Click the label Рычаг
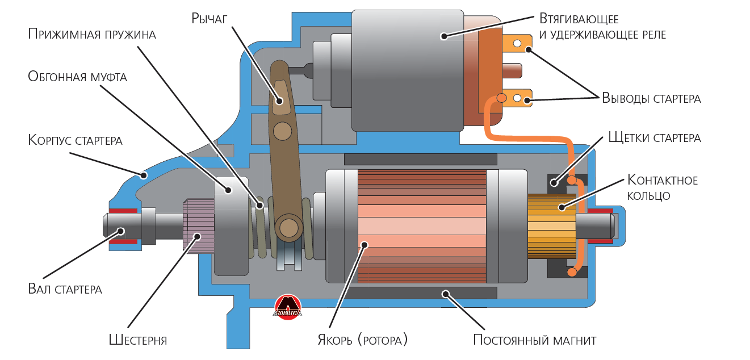coord(209,19)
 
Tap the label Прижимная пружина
coord(92,34)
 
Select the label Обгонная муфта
coord(77,77)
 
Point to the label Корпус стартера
coord(75,140)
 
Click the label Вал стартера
coord(65,289)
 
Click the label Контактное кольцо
coord(662,188)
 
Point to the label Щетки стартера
coord(654,138)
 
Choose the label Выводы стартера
coord(651,98)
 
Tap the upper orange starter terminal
coord(517,43)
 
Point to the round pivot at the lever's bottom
coord(289,227)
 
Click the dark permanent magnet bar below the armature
coord(420,293)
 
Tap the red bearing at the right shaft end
coord(600,225)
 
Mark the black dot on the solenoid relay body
coord(443,36)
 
